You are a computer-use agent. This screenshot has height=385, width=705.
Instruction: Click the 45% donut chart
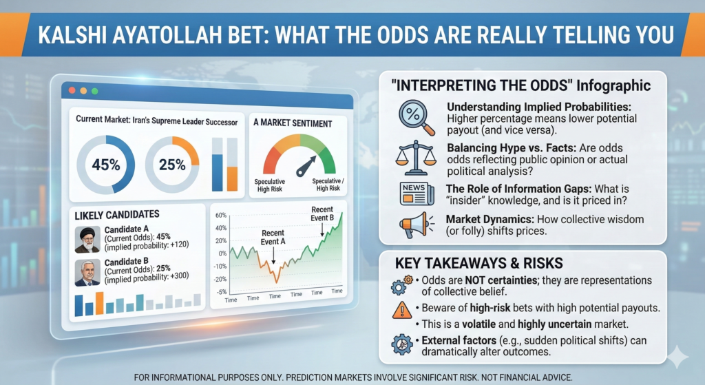[107, 164]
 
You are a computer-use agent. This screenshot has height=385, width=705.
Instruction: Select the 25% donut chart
[171, 164]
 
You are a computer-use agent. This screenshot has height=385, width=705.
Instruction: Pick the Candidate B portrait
[87, 272]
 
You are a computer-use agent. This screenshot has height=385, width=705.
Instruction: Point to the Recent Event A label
[273, 238]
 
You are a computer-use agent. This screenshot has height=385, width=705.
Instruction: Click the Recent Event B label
[322, 214]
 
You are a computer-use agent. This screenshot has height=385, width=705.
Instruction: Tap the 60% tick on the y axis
[221, 215]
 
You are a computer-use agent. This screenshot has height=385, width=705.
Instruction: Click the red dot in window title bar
[70, 90]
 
